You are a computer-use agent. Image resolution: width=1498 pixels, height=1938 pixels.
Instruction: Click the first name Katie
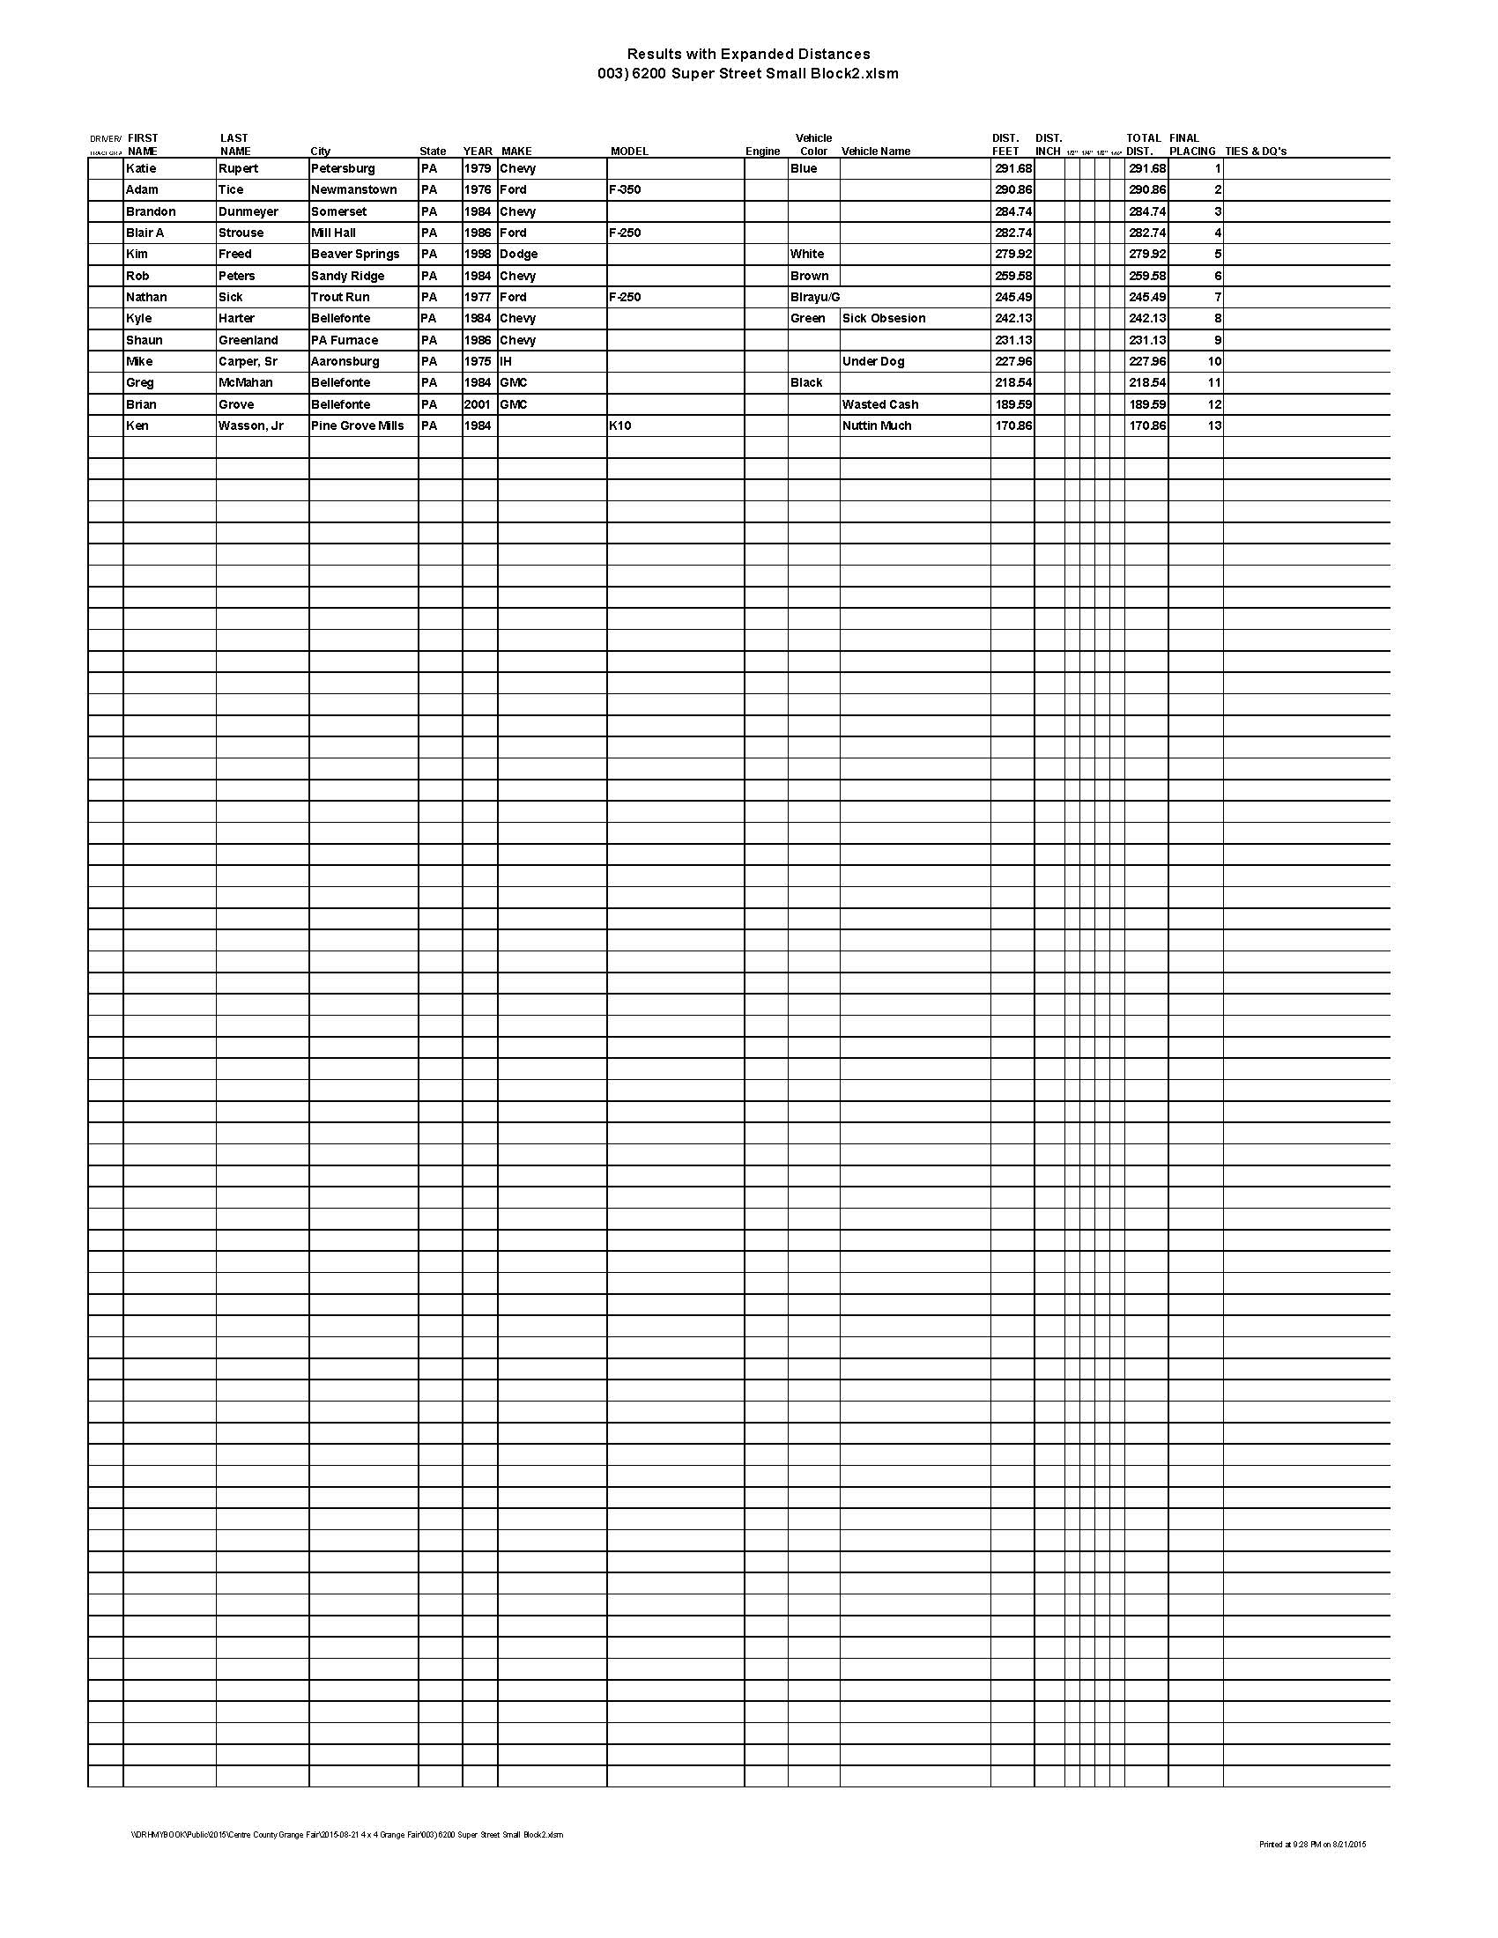click(141, 168)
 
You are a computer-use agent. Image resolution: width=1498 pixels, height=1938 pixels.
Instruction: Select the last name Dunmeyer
click(248, 212)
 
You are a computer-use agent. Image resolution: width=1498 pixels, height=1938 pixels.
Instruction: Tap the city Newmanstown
click(353, 190)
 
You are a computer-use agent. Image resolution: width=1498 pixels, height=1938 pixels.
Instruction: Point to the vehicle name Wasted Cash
click(879, 404)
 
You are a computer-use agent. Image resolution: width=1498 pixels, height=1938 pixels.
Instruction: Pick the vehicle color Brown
click(808, 276)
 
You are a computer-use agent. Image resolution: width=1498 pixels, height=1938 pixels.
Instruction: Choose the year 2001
click(478, 404)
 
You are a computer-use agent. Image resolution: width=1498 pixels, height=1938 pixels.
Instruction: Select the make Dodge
click(518, 255)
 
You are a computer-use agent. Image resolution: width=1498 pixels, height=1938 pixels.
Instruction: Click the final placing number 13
click(1213, 426)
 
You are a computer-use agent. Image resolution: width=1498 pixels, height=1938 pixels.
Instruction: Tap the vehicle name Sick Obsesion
click(883, 319)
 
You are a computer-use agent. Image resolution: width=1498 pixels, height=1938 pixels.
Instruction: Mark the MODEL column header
click(629, 152)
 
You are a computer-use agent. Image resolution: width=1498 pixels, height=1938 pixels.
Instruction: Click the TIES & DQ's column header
click(1255, 152)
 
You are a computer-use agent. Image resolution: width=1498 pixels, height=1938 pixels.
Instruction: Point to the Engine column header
click(762, 152)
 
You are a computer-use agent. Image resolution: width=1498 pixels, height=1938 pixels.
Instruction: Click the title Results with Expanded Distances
click(748, 55)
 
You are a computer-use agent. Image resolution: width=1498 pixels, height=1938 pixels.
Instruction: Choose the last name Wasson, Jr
click(250, 426)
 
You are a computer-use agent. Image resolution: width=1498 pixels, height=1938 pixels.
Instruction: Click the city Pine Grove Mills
click(357, 426)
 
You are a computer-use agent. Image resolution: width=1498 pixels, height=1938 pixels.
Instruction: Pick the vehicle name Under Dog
click(872, 362)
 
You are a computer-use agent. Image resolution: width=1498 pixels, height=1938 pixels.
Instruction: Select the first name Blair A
click(145, 233)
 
